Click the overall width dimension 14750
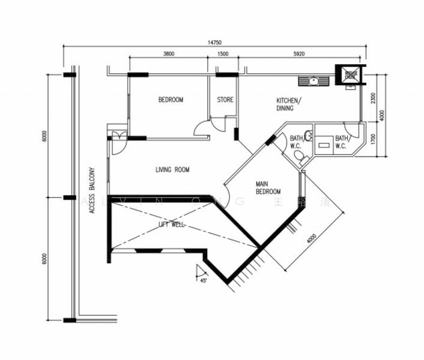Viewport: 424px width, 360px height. (x=215, y=43)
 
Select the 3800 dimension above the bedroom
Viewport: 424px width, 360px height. (x=168, y=54)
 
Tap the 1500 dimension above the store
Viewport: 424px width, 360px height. (x=223, y=54)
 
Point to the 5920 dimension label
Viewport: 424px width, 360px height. (x=298, y=54)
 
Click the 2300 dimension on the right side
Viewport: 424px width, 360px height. (x=374, y=97)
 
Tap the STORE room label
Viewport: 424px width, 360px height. (x=225, y=100)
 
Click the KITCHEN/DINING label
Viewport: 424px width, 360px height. (x=289, y=104)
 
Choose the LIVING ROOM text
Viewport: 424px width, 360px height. (x=172, y=170)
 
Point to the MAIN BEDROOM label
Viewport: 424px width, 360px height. (x=268, y=188)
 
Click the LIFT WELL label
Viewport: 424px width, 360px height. (x=172, y=224)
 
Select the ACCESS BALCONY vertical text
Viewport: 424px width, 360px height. (x=92, y=190)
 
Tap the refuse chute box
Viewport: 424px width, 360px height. (x=350, y=74)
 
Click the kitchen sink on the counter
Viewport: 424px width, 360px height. (x=313, y=80)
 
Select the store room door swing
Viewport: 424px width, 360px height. (x=204, y=127)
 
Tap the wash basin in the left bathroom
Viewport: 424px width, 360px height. (x=308, y=136)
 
